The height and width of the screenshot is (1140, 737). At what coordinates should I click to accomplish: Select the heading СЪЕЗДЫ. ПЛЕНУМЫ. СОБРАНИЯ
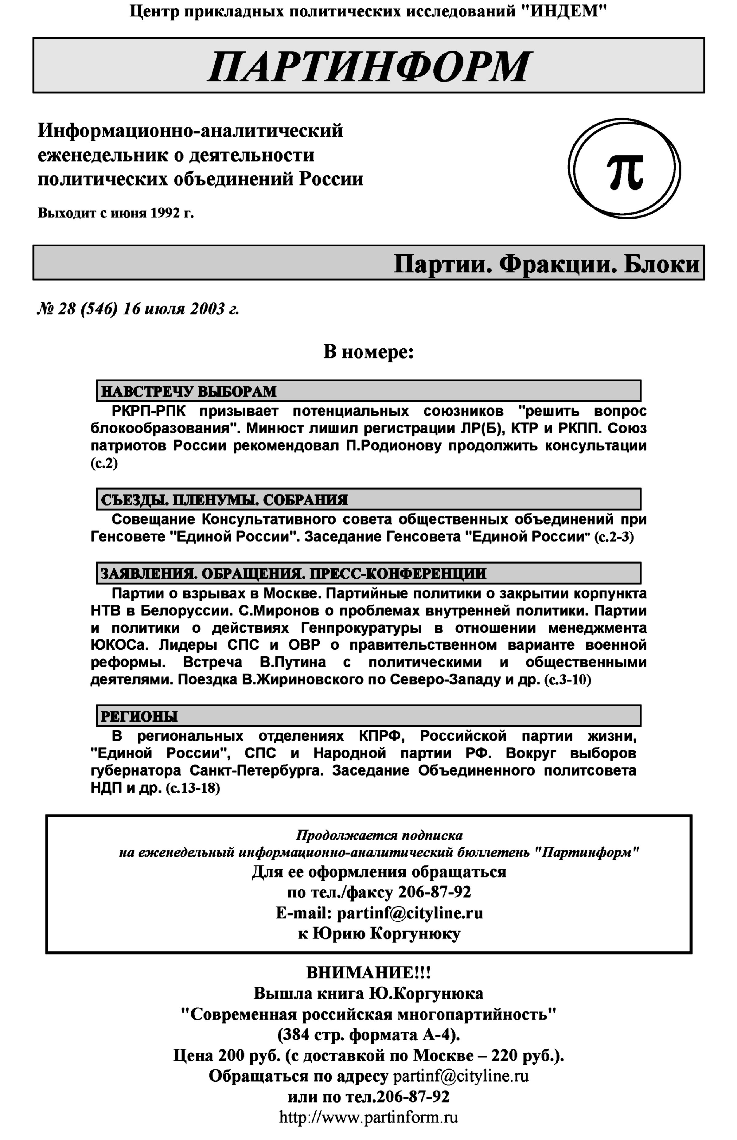point(224,500)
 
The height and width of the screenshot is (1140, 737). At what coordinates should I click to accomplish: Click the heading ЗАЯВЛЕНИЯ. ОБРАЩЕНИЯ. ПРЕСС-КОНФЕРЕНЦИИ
point(293,573)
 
